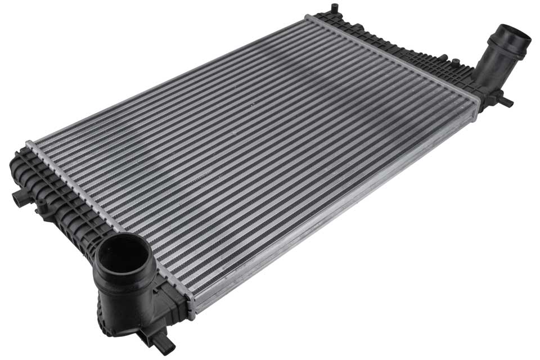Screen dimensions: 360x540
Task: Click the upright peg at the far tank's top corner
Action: (335, 8)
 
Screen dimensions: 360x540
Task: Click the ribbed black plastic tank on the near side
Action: (62, 202)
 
